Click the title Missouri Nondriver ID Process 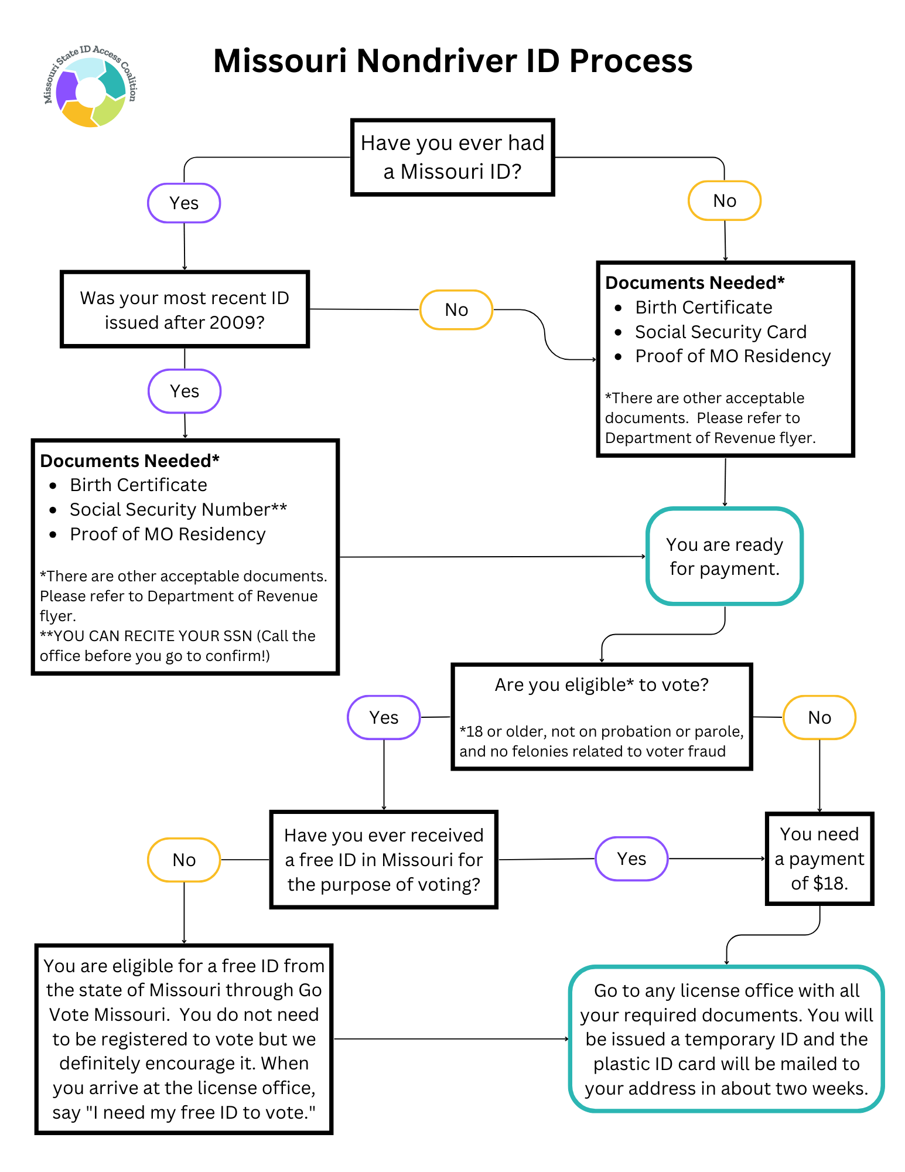pyautogui.click(x=452, y=61)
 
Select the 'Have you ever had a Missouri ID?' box pyautogui.click(x=452, y=157)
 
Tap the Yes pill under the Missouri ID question pyautogui.click(x=184, y=203)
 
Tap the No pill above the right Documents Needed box pyautogui.click(x=724, y=200)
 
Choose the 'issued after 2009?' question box pyautogui.click(x=185, y=309)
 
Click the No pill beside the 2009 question pyautogui.click(x=456, y=309)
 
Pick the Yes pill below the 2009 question pyautogui.click(x=185, y=391)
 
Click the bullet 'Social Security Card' pyautogui.click(x=720, y=332)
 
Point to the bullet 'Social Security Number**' pyautogui.click(x=178, y=509)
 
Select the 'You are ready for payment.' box pyautogui.click(x=724, y=556)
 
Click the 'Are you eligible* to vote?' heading pyautogui.click(x=602, y=684)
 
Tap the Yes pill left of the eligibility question pyautogui.click(x=384, y=717)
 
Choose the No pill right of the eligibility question pyautogui.click(x=819, y=717)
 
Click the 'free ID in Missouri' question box pyautogui.click(x=384, y=860)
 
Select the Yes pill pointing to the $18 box pyautogui.click(x=631, y=858)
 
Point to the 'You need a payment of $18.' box pyautogui.click(x=819, y=858)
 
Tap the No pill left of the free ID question pyautogui.click(x=184, y=860)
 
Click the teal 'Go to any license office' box pyautogui.click(x=726, y=1039)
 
